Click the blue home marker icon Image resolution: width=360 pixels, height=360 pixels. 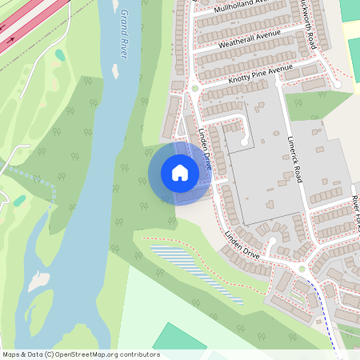pos(180,173)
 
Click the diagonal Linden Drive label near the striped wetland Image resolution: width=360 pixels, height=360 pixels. pos(243,246)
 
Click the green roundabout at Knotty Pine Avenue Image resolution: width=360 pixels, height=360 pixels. pos(194,88)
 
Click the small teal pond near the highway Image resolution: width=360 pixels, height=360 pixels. pos(60,55)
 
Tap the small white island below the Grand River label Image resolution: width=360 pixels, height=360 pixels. pos(115,71)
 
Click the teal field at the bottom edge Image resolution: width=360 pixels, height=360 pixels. pos(176,337)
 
